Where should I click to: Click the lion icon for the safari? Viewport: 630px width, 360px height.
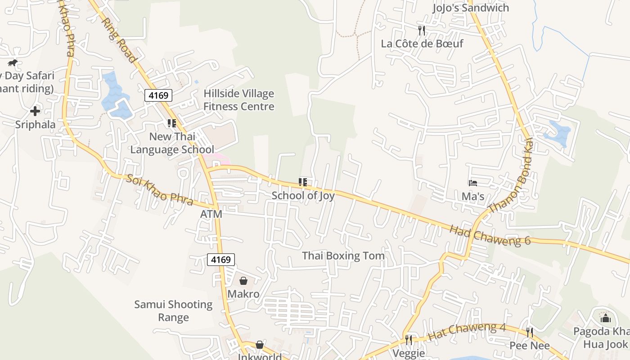pos(12,63)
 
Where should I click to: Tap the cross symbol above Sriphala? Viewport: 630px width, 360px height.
pos(35,111)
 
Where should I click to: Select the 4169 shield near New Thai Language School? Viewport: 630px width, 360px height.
pos(158,95)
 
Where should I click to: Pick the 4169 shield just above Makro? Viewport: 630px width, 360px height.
pos(221,260)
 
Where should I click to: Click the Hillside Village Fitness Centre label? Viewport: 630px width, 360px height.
pos(238,100)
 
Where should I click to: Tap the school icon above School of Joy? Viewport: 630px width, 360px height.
pos(303,182)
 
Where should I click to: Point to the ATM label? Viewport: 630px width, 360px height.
pos(211,214)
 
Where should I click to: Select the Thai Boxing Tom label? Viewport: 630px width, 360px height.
pos(343,256)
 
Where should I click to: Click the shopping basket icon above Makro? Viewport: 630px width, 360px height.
pos(243,281)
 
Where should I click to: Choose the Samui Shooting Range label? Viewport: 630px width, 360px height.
pos(173,311)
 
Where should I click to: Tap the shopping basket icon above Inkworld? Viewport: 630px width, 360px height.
pos(260,345)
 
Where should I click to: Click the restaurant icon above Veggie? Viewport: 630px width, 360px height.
pos(409,340)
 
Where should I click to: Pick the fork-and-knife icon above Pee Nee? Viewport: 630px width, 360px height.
pos(530,333)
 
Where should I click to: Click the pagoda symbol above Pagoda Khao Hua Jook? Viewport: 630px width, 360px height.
pos(606,318)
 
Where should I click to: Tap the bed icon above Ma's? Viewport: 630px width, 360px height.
pos(472,183)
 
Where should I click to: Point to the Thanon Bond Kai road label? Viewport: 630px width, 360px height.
pos(511,176)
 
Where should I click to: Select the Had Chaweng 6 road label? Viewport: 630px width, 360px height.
pos(490,235)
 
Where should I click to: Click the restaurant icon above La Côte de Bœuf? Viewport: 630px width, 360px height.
pos(421,31)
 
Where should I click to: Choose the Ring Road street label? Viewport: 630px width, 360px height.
pos(119,40)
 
